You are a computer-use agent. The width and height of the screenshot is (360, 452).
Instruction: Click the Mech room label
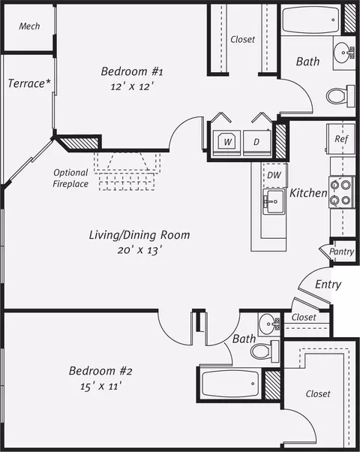pyautogui.click(x=29, y=26)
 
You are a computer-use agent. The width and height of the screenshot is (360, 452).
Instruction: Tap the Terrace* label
pyautogui.click(x=29, y=83)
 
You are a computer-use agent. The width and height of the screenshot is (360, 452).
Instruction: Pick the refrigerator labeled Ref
pyautogui.click(x=340, y=140)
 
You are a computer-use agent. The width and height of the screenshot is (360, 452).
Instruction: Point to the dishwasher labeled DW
pyautogui.click(x=274, y=175)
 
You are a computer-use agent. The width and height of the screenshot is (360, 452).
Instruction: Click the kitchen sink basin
pyautogui.click(x=274, y=201)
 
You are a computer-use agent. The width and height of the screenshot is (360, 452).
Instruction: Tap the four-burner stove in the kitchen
pyautogui.click(x=342, y=192)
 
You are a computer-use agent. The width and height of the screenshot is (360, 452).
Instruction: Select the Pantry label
pyautogui.click(x=341, y=252)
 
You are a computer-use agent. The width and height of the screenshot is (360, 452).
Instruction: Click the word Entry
pyautogui.click(x=328, y=285)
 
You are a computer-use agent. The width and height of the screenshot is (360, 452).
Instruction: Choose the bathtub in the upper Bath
pyautogui.click(x=311, y=20)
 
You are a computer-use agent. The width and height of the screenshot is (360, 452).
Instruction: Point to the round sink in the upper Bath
pyautogui.click(x=343, y=53)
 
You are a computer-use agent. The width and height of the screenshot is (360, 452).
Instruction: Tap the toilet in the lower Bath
pyautogui.click(x=265, y=351)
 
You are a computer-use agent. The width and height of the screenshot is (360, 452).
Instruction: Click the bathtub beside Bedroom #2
pyautogui.click(x=230, y=384)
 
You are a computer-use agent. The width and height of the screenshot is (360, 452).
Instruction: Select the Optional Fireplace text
pyautogui.click(x=70, y=178)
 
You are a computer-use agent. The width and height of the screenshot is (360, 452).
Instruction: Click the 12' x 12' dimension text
pyautogui.click(x=131, y=86)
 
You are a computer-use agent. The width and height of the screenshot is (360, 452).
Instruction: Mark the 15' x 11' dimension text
pyautogui.click(x=100, y=386)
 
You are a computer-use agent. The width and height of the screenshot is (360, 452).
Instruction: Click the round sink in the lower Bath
pyautogui.click(x=268, y=324)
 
